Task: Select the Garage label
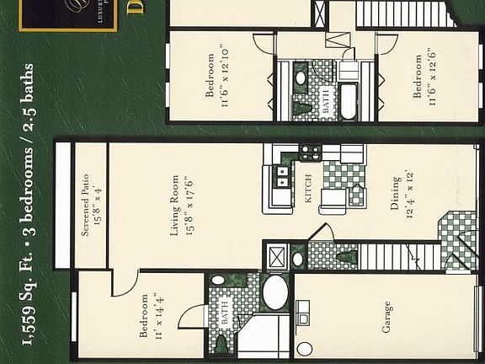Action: pos(386,317)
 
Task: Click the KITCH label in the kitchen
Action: pos(309,197)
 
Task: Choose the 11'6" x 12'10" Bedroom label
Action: pos(216,75)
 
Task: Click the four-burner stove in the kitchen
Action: pos(309,153)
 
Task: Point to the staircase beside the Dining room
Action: pos(402,255)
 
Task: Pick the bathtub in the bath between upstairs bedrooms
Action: pos(347,101)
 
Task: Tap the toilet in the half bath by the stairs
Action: pos(342,256)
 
